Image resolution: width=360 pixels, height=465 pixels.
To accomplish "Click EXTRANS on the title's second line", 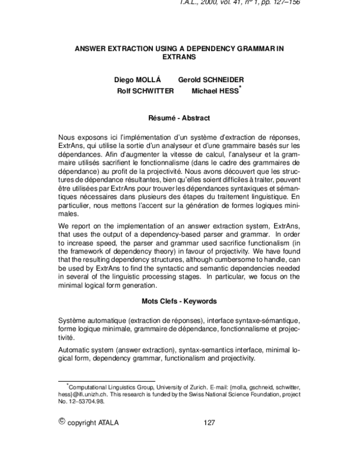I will tap(180, 58).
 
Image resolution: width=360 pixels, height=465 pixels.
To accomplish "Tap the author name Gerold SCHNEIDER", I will tap(211, 80).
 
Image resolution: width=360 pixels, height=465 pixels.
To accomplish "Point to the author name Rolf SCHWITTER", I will tap(146, 90).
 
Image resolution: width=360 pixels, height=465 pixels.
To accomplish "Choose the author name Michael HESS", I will tap(214, 90).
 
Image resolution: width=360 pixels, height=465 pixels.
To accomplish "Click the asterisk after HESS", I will tap(240, 87).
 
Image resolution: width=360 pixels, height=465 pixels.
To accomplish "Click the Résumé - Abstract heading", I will tap(179, 118).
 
